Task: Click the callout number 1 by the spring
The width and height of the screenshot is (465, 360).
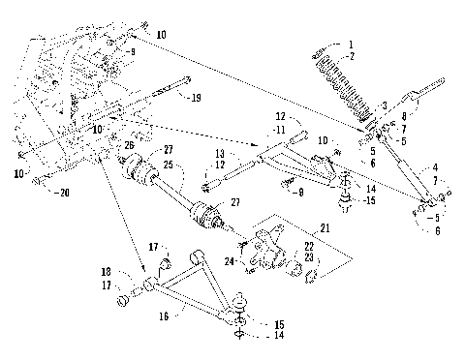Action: coord(350,45)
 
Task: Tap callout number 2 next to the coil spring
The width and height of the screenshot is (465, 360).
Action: coord(352,55)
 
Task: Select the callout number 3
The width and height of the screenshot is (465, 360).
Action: coord(384,104)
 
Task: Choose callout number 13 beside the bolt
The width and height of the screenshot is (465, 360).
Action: coord(219,154)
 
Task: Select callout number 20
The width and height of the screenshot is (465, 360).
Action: coord(65,192)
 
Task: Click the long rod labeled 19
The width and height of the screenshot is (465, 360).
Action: coord(155,93)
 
